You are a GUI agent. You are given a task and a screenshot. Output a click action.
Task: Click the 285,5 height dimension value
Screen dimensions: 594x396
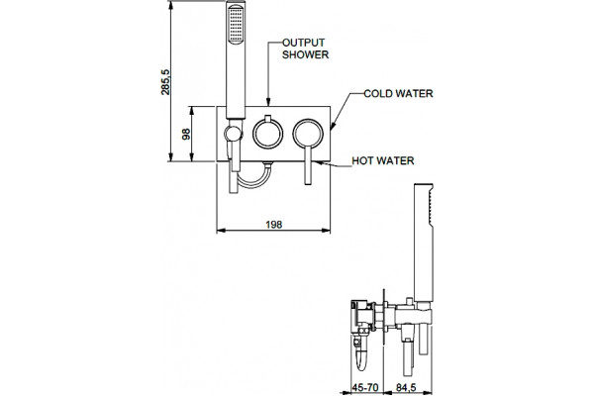point(165,82)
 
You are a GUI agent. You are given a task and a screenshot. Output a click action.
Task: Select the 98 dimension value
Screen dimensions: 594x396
point(186,135)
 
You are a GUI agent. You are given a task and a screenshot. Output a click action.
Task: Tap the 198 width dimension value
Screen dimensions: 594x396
point(273,225)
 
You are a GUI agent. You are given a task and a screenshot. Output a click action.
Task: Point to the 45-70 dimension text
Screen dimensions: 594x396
point(365,388)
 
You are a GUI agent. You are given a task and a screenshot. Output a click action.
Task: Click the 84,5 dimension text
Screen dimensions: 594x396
point(406,388)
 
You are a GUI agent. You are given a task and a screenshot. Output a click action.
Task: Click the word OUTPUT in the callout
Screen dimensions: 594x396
point(304,43)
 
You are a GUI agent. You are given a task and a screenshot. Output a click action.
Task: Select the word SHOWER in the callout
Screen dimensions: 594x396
point(305,54)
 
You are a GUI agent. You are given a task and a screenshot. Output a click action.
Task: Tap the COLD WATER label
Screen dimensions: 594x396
point(398,94)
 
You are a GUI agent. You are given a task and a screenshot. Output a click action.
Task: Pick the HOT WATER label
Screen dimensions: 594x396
point(383,160)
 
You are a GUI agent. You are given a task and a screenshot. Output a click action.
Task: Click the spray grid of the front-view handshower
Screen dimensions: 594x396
point(236,25)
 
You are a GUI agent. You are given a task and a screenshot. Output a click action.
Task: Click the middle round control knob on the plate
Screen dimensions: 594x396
point(267,133)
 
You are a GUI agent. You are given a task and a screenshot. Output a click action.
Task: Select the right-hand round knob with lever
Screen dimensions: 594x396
point(308,134)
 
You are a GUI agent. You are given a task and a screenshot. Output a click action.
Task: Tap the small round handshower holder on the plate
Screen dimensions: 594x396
point(233,134)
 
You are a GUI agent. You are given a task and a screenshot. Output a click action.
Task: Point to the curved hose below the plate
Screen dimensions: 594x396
point(254,184)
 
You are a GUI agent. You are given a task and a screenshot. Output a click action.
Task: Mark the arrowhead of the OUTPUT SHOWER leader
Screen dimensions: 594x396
point(268,102)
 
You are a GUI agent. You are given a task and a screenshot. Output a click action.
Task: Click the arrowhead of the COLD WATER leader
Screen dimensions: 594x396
point(333,126)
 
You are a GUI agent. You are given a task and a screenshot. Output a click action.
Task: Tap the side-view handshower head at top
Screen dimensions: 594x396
point(424,243)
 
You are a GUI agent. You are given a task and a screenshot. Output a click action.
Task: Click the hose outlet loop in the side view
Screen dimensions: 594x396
point(361,358)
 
